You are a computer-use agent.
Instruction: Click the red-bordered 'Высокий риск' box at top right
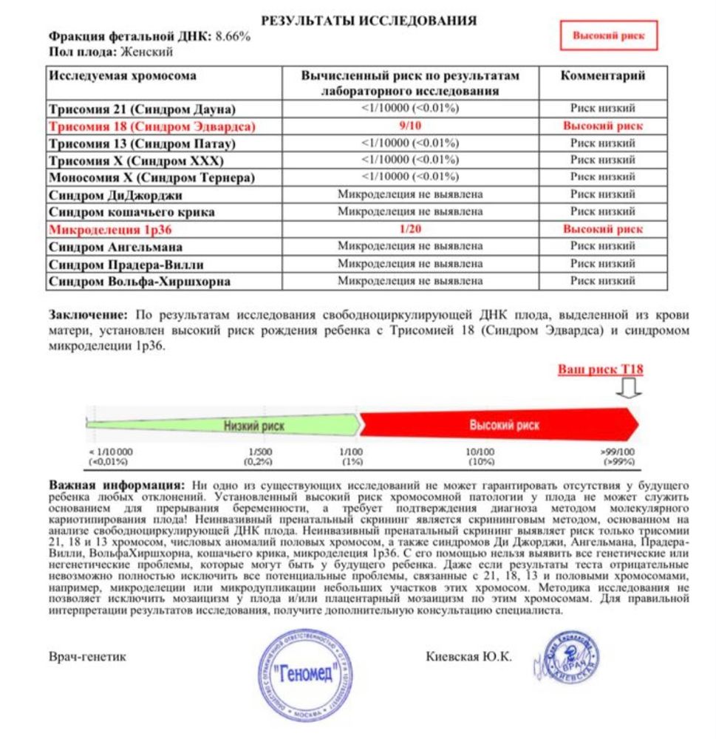pyautogui.click(x=609, y=35)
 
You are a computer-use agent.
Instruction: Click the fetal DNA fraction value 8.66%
pyautogui.click(x=233, y=36)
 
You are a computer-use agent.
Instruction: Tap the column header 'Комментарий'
pyautogui.click(x=602, y=76)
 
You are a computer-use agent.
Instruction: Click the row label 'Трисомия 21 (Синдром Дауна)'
pyautogui.click(x=142, y=109)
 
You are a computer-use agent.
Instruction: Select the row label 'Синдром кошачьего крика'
pyautogui.click(x=132, y=212)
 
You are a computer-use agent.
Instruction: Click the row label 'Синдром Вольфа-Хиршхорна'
pyautogui.click(x=139, y=281)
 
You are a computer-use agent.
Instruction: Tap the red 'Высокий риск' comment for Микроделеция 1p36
pyautogui.click(x=602, y=229)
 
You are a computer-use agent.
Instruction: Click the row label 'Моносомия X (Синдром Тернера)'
pyautogui.click(x=151, y=177)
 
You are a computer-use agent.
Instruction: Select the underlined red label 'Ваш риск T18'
pyautogui.click(x=599, y=369)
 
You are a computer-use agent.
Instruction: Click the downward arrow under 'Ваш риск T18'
pyautogui.click(x=632, y=387)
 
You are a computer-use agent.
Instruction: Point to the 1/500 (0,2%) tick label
pyautogui.click(x=259, y=456)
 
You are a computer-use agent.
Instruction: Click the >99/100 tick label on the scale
pyautogui.click(x=618, y=456)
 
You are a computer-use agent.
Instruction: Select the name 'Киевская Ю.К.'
pyautogui.click(x=468, y=656)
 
